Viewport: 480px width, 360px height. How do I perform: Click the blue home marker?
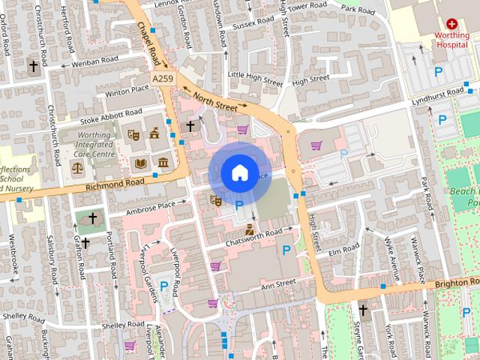[239, 173]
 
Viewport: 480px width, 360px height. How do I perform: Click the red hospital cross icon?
[451, 24]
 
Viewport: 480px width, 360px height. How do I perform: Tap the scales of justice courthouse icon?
[77, 166]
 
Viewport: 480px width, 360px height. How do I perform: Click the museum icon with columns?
[162, 163]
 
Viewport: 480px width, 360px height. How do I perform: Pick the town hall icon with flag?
[155, 134]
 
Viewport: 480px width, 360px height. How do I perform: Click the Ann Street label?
[278, 285]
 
